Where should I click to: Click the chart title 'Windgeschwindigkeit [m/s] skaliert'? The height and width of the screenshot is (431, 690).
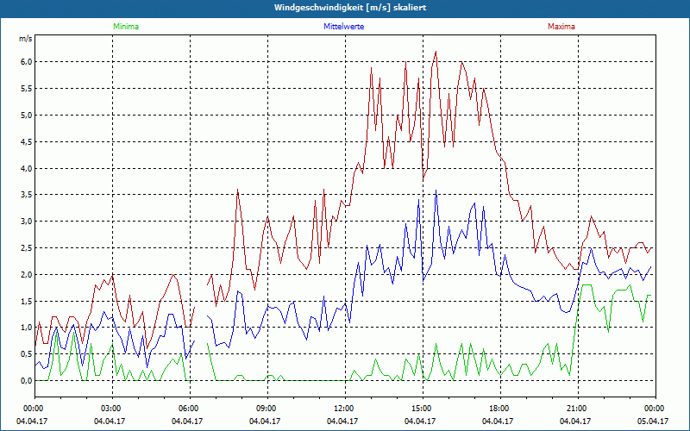(x=345, y=8)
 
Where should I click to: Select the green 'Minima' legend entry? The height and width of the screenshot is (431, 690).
(x=125, y=27)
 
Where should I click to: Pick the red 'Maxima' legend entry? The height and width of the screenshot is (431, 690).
(x=561, y=27)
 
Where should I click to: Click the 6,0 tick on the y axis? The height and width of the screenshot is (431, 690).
(x=26, y=62)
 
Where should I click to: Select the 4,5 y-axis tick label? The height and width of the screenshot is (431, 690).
(x=26, y=141)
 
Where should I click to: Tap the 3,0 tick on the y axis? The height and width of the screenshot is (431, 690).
(x=26, y=222)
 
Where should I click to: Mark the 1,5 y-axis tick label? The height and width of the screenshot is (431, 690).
(x=26, y=301)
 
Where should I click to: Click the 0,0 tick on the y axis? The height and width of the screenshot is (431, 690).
(x=26, y=380)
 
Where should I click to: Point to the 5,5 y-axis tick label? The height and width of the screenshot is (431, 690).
(x=26, y=89)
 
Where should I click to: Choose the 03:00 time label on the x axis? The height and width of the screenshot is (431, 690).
(x=111, y=408)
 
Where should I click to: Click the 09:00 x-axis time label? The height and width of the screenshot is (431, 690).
(x=267, y=408)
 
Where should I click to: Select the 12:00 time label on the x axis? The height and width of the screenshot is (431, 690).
(x=344, y=408)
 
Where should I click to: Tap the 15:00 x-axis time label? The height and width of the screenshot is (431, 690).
(x=422, y=408)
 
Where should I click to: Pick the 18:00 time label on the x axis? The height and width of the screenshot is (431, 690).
(x=499, y=408)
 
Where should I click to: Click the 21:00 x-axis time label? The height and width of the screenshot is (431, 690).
(x=577, y=408)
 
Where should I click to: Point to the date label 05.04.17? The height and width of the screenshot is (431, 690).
(x=655, y=422)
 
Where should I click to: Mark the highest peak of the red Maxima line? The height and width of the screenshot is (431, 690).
(x=436, y=52)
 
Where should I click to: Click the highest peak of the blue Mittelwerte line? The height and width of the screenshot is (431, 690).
(x=436, y=192)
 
